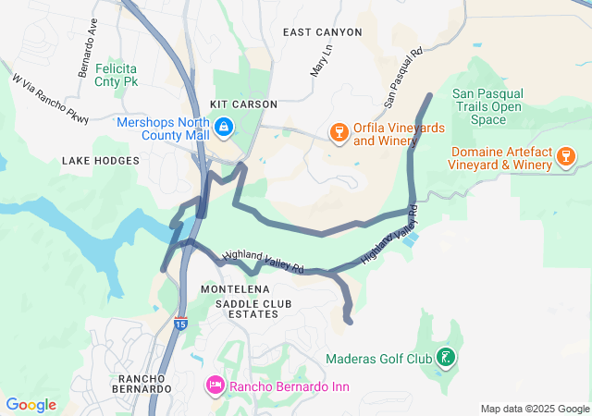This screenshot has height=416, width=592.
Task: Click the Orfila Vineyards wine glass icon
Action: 339,134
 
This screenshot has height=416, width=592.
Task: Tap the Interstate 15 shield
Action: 180,324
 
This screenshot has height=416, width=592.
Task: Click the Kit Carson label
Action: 244,104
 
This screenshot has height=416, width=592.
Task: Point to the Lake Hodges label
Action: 101,161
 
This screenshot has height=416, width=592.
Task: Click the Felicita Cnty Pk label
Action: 116,74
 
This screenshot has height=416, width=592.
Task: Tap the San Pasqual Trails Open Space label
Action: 487,106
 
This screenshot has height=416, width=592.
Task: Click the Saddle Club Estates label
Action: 246,309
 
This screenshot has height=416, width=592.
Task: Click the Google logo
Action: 31,405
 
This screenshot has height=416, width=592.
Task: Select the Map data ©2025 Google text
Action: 534,409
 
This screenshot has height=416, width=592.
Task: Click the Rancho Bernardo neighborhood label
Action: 144,384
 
